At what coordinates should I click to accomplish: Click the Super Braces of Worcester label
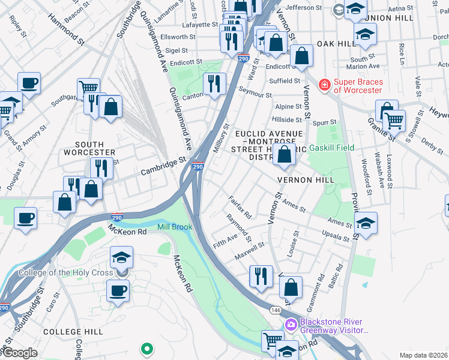pyautogui.click(x=357, y=85)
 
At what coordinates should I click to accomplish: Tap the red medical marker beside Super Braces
pyautogui.click(x=325, y=85)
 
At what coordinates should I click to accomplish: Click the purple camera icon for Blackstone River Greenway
pyautogui.click(x=291, y=325)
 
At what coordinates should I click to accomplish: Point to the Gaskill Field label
pyautogui.click(x=331, y=148)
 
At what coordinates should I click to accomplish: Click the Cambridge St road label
pyautogui.click(x=163, y=167)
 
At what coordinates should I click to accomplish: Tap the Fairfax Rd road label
pyautogui.click(x=240, y=206)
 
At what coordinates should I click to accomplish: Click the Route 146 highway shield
pyautogui.click(x=276, y=310)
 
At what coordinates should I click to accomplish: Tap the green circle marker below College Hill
pyautogui.click(x=146, y=348)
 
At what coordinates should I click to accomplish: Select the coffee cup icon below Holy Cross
pyautogui.click(x=118, y=291)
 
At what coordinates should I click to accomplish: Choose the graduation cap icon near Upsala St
pyautogui.click(x=366, y=224)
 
